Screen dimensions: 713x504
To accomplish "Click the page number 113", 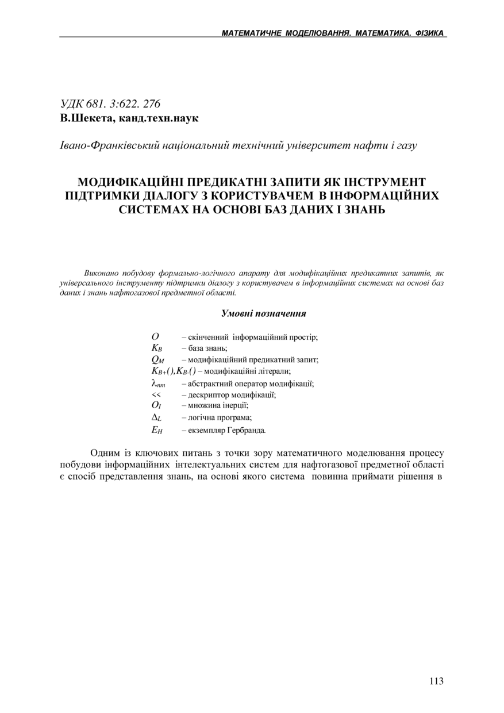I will [436, 681].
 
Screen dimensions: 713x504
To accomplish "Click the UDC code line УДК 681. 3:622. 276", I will [110, 104].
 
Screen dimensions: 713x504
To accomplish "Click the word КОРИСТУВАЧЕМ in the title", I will [255, 195].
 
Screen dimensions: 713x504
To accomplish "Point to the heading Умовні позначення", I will [263, 313].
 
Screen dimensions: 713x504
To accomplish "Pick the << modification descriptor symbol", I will [156, 395].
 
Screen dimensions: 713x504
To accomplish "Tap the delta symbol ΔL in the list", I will [156, 418].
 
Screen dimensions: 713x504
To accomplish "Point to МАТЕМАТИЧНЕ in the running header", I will [252, 33].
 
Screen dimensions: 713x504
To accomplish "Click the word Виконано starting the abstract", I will [101, 273].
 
